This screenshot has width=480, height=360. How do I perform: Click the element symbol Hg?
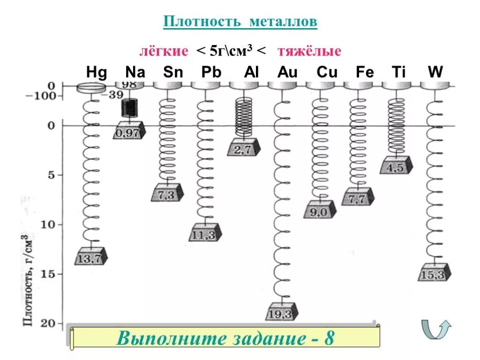tap(97, 73)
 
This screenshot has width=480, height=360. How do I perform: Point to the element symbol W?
tap(435, 73)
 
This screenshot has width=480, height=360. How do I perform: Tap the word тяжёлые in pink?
tap(309, 51)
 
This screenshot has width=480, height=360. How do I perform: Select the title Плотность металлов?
tap(240, 22)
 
